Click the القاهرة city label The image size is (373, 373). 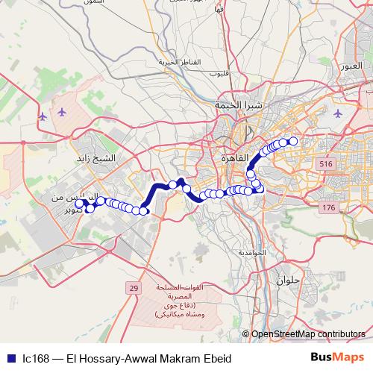[x=235, y=158]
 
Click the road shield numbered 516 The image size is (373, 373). [x=325, y=163]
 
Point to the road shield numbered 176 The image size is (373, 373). [x=329, y=207]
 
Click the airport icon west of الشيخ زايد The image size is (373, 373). [x=60, y=113]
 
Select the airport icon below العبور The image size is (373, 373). [x=339, y=113]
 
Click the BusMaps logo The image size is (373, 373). [x=337, y=357]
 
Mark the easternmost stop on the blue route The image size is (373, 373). [x=293, y=141]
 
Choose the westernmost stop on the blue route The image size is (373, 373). [x=79, y=203]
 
